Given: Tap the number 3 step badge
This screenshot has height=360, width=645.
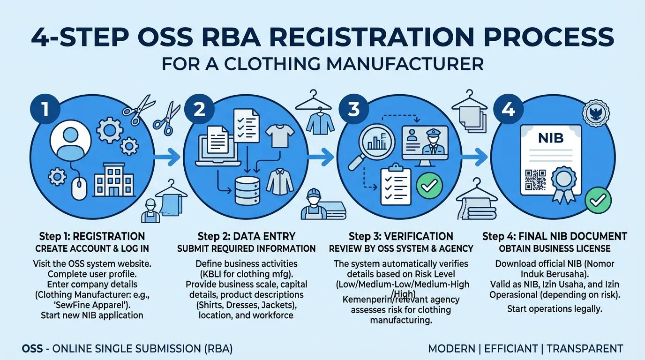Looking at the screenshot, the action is coord(354,109).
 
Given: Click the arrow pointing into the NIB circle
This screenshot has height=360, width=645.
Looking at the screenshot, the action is coord(474,157).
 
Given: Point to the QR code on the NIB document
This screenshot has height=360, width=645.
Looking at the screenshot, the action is coord(535,180).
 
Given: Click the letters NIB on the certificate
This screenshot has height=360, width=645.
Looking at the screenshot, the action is coord(551,138).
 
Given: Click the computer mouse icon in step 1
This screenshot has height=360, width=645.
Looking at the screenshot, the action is coord(79,188).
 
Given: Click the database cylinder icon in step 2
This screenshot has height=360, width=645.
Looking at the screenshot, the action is coord(247,190).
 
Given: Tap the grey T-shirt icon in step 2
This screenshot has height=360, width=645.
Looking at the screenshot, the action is coord(280,136).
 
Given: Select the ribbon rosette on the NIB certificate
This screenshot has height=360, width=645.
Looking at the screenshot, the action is coord(564,185).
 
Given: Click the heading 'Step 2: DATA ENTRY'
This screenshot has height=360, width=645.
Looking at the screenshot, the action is coord(247,236).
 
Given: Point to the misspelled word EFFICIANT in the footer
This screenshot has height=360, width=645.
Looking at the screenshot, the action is coord(511,349).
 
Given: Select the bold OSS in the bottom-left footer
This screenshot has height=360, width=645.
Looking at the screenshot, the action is coord(32,349).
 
